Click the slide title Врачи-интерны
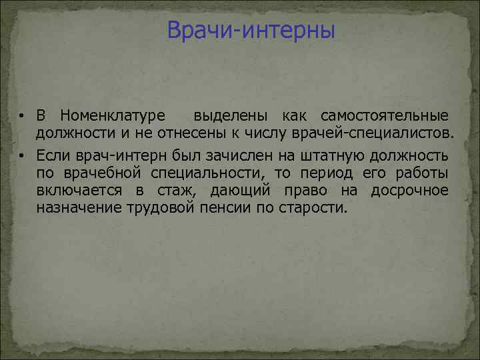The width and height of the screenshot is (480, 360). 251,31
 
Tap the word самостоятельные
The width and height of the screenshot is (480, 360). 385,117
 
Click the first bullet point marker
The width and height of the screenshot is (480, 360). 22,118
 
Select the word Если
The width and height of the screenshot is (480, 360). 51,156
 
